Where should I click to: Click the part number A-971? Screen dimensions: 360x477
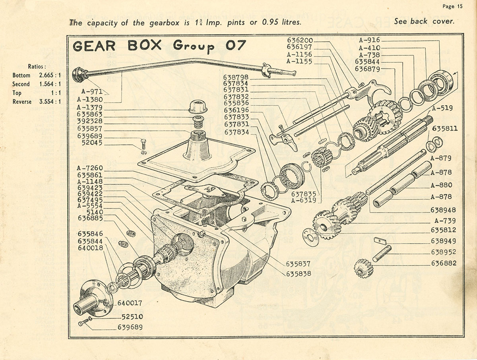click(x=89, y=91)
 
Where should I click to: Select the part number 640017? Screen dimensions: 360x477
click(x=130, y=303)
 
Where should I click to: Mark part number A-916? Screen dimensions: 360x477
click(x=369, y=40)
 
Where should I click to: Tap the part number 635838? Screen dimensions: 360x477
click(x=298, y=274)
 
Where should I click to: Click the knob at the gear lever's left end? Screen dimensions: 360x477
click(x=79, y=74)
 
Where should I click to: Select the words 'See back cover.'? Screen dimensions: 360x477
click(x=424, y=21)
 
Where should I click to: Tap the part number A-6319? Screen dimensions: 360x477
click(x=303, y=201)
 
